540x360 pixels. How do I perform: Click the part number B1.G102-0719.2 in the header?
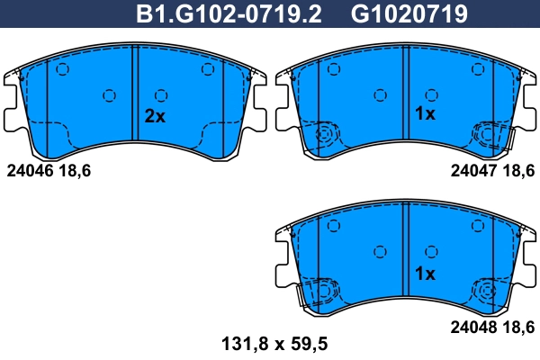pyautogui.click(x=229, y=13)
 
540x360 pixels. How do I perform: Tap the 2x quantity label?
pyautogui.click(x=156, y=116)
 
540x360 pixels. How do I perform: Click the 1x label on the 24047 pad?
pyautogui.click(x=424, y=113)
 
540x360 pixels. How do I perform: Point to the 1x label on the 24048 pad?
pyautogui.click(x=424, y=273)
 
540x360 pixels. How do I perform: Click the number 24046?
pyautogui.click(x=30, y=168)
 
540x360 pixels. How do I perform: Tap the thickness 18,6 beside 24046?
pyautogui.click(x=77, y=168)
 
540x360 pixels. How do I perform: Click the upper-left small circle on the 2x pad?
pyautogui.click(x=63, y=70)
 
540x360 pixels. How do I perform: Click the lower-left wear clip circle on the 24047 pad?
pyautogui.click(x=326, y=136)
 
